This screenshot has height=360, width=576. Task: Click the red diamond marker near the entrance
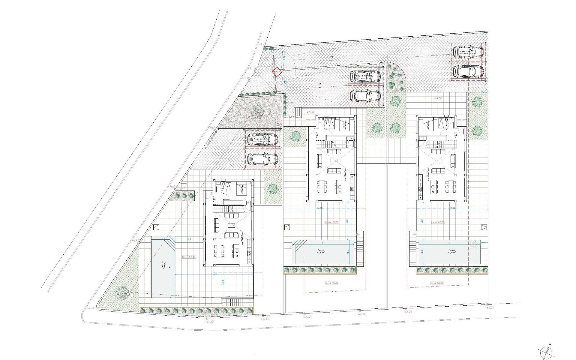coord(277,72)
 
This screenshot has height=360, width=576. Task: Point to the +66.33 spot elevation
coord(362,314)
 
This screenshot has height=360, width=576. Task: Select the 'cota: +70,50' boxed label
coord(189,257)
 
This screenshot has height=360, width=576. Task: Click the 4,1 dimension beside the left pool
coord(189,239)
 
